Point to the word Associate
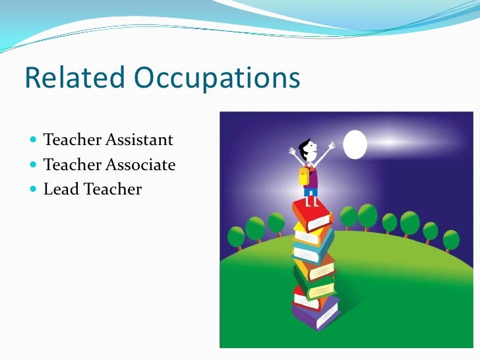point(141,164)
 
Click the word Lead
point(61,189)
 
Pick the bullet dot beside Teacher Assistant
point(34,140)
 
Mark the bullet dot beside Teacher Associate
point(34,165)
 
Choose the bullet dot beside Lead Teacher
point(34,190)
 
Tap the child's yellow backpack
point(304,176)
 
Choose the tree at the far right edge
point(451,239)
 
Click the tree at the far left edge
point(236,237)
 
